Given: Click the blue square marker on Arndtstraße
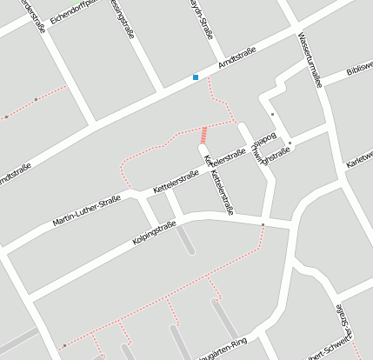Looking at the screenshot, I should point(196,78).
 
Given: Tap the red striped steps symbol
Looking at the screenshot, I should point(205,135).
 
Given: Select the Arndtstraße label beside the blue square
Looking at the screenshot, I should point(235,63).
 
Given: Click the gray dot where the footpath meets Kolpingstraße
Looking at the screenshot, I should point(263,225).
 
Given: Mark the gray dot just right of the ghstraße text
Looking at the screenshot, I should point(290,143).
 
